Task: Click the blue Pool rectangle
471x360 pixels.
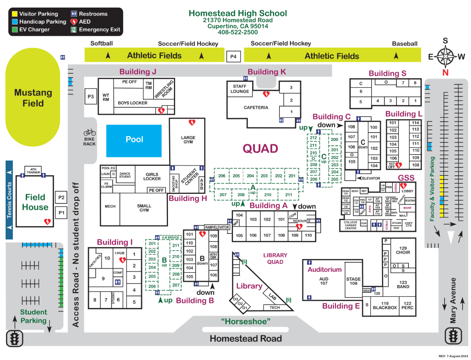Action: click(134, 140)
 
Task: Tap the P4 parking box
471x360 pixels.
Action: click(233, 57)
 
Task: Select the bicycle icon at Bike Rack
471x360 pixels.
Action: click(89, 132)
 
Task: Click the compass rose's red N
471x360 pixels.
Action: click(445, 72)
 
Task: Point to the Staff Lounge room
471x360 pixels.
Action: click(240, 89)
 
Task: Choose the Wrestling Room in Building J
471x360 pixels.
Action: click(164, 90)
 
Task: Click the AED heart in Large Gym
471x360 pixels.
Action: click(192, 123)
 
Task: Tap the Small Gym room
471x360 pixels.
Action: click(144, 208)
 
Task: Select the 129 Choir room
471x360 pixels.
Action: click(403, 250)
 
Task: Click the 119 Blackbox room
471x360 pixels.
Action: click(385, 306)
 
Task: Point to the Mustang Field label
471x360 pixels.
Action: click(33, 98)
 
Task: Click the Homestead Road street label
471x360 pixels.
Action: click(245, 338)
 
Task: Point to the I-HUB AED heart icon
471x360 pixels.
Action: click(123, 260)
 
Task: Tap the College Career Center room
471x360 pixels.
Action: click(350, 225)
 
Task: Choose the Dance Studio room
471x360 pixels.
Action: click(125, 175)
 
